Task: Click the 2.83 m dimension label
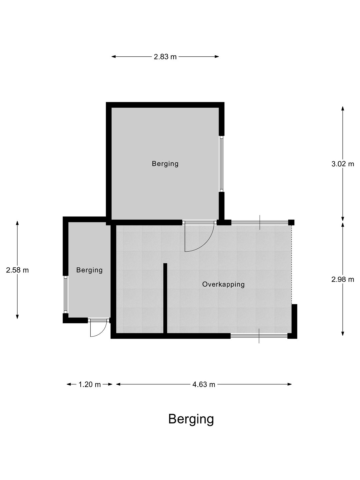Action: [165, 57]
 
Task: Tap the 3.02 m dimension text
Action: [343, 164]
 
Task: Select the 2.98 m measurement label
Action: [343, 279]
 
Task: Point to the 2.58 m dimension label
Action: [17, 270]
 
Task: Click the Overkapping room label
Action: [223, 285]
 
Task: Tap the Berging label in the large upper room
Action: [165, 164]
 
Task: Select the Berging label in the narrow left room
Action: [89, 270]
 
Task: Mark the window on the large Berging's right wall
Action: [222, 164]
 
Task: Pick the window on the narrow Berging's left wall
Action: [65, 295]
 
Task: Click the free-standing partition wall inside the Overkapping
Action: [165, 299]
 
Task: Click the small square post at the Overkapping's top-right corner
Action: [291, 222]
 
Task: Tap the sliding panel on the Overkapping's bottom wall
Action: [259, 336]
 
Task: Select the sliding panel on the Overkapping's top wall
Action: [260, 222]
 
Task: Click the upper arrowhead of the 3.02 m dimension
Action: [343, 109]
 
